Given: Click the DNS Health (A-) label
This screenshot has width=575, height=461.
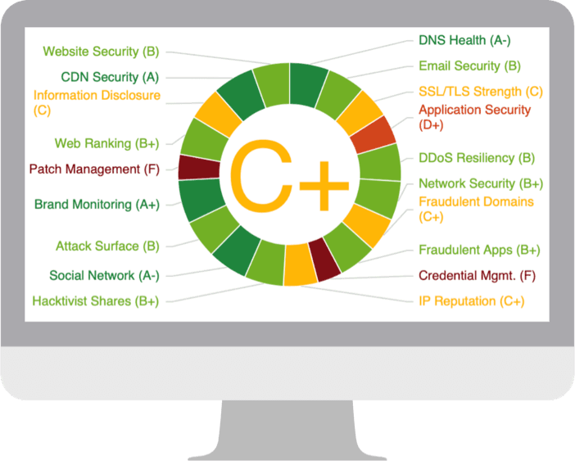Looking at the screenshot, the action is pyautogui.click(x=464, y=40).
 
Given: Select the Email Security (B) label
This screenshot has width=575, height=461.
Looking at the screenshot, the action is pyautogui.click(x=469, y=66).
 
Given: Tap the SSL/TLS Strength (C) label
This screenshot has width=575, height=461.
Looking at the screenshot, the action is pyautogui.click(x=480, y=92).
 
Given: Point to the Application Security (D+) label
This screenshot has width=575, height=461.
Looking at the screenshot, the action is pyautogui.click(x=474, y=117).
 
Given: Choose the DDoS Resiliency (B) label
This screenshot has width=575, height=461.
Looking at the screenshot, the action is pyautogui.click(x=477, y=158).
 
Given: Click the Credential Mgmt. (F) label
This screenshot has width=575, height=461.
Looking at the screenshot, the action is pyautogui.click(x=477, y=276).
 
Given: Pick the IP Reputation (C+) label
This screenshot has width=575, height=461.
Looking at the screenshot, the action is pyautogui.click(x=472, y=301).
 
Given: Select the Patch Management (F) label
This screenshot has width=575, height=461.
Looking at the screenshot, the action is pyautogui.click(x=94, y=169).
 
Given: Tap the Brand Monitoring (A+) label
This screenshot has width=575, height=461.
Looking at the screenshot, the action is pyautogui.click(x=97, y=205).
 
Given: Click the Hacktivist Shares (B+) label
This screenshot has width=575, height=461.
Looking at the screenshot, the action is pyautogui.click(x=96, y=301).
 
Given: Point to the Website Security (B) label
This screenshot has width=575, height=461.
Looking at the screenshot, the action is pyautogui.click(x=101, y=52).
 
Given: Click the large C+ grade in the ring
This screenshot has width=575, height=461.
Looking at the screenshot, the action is pyautogui.click(x=289, y=175).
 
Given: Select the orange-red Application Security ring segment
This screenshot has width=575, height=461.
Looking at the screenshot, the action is pyautogui.click(x=373, y=134).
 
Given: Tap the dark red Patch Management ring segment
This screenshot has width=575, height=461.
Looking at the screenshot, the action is pyautogui.click(x=199, y=168).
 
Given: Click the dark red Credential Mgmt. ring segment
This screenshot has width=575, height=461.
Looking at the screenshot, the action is pyautogui.click(x=324, y=260).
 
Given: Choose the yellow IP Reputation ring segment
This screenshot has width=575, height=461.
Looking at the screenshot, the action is pyautogui.click(x=300, y=264).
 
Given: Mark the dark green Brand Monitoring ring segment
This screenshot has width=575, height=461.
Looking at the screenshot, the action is pyautogui.click(x=201, y=198).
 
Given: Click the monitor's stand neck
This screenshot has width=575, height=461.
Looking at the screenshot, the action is pyautogui.click(x=287, y=429).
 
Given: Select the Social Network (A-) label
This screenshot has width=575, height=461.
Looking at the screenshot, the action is pyautogui.click(x=104, y=276).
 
